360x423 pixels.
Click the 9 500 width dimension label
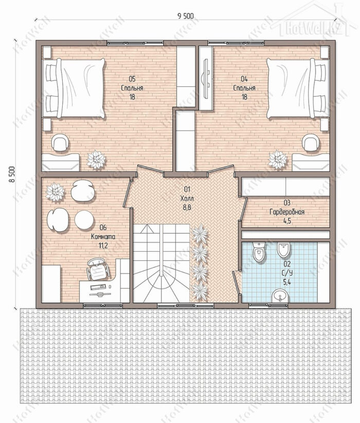(186, 16)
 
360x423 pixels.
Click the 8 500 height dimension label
(12, 174)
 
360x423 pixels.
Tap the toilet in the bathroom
(259, 252)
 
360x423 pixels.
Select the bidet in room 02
(283, 249)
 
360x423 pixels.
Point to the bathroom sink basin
(280, 296)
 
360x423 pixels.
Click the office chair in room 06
(98, 269)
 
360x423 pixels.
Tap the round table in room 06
(84, 220)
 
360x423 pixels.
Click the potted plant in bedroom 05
(96, 160)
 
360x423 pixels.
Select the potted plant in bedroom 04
(278, 160)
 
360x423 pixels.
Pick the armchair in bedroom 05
(60, 142)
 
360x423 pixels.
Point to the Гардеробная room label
(287, 212)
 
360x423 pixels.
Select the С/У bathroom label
(287, 273)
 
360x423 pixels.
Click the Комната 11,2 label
(103, 236)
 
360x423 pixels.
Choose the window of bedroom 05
(135, 43)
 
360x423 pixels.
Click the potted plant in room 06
(55, 192)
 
